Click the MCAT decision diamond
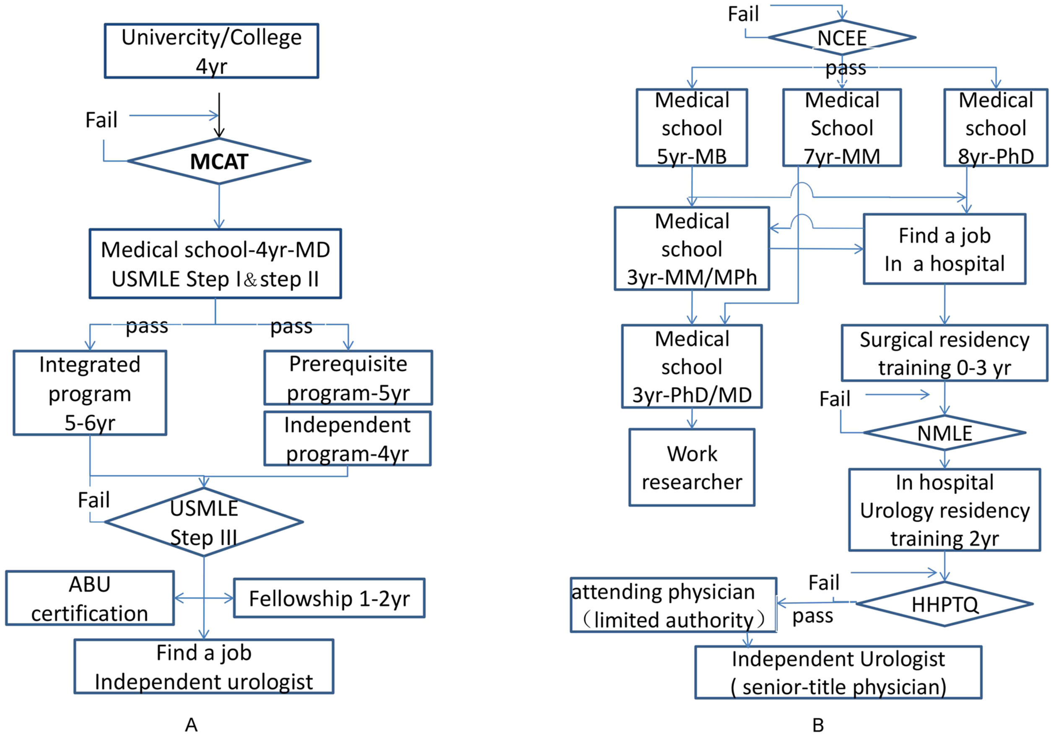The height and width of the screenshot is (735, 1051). click(219, 161)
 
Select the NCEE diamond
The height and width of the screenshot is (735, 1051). click(841, 38)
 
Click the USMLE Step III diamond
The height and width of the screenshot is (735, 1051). click(204, 522)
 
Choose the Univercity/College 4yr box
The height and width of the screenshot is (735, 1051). click(211, 51)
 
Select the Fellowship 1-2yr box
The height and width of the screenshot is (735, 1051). click(329, 598)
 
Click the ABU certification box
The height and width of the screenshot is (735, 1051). click(90, 598)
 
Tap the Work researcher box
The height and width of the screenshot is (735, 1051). click(692, 467)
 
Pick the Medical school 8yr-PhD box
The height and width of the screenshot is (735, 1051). click(996, 128)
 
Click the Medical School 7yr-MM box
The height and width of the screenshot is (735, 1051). click(842, 128)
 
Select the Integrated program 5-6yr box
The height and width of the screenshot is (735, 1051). click(90, 393)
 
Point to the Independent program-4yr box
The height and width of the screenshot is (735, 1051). click(348, 438)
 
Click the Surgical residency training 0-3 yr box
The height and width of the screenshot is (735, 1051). click(945, 353)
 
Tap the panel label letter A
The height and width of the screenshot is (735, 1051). click(191, 725)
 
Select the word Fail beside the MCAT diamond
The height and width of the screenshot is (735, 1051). click(101, 120)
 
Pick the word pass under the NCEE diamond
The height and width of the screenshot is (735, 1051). click(846, 68)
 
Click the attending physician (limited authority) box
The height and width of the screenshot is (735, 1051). click(673, 605)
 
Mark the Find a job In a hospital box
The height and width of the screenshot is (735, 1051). click(945, 249)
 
